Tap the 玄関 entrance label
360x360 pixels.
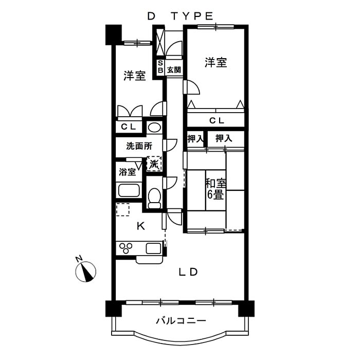pos(174,69)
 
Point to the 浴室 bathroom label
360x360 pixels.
pos(128,172)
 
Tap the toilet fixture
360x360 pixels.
pos(154,198)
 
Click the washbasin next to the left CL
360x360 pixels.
pos(154,127)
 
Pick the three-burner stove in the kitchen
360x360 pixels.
pos(127,248)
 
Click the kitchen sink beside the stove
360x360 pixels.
pos(154,248)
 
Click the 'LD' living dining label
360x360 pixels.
pos(188,272)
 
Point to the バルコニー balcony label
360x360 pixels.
pos(181,321)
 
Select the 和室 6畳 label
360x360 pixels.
pos(215,189)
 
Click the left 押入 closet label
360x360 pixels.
pos(195,138)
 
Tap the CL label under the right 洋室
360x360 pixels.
pos(216,121)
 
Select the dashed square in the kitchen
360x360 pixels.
pos(122,210)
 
